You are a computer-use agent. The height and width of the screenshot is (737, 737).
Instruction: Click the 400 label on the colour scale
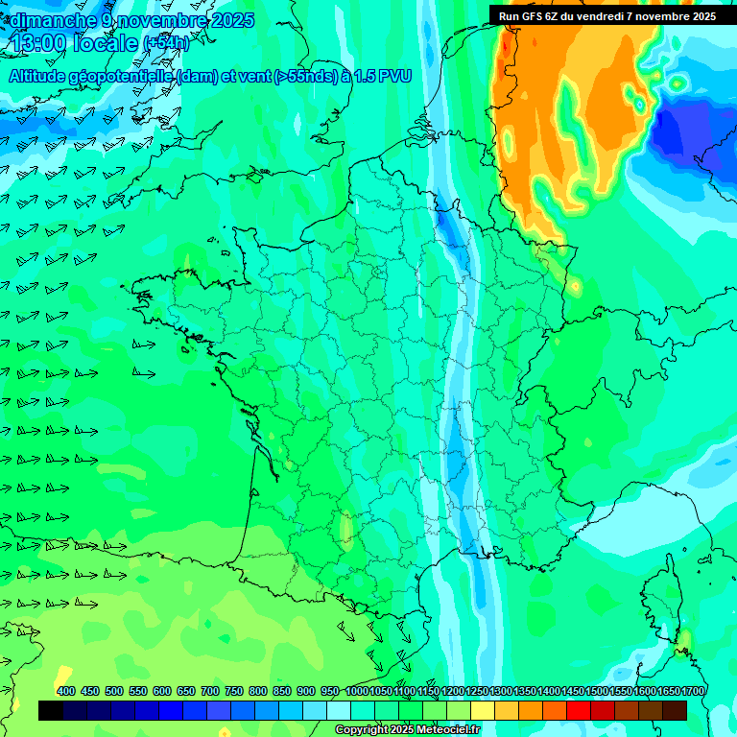(x=66, y=691)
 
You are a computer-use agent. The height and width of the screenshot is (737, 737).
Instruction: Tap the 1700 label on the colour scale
(x=694, y=691)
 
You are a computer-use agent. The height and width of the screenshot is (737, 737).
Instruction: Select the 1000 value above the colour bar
(x=357, y=691)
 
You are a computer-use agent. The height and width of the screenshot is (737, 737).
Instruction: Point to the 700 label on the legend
(x=210, y=691)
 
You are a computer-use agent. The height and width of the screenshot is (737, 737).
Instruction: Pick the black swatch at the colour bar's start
(x=51, y=711)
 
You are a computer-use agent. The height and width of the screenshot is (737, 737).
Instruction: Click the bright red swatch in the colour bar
(x=579, y=711)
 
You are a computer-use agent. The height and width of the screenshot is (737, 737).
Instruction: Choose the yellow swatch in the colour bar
(x=483, y=711)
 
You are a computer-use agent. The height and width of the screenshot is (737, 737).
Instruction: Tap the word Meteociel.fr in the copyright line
(x=447, y=730)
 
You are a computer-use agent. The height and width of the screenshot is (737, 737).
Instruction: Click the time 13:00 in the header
(x=39, y=42)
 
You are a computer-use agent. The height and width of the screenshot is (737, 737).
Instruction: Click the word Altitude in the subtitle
(x=38, y=76)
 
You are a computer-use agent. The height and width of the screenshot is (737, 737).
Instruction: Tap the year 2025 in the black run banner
(x=702, y=16)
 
